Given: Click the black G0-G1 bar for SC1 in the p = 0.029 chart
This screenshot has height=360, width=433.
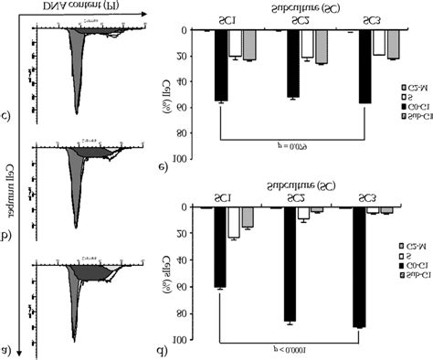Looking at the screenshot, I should [222, 65].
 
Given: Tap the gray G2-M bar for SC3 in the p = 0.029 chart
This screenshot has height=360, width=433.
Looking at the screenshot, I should [393, 44].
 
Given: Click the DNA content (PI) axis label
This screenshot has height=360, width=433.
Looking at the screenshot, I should [90, 8].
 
